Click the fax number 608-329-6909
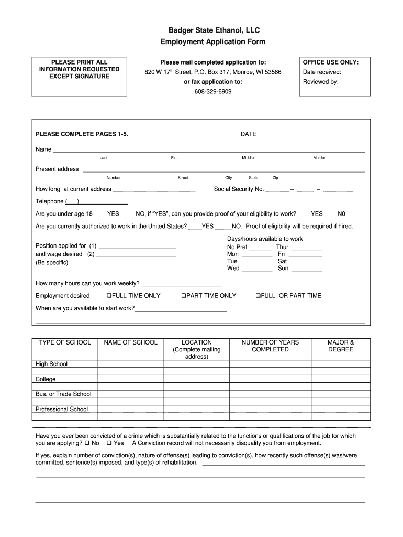pos(213,91)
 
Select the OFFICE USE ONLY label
pos(331,62)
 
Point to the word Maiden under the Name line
pos(319,158)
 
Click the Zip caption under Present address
pos(275,178)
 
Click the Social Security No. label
pos(239,189)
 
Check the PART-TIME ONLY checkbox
pos(184,296)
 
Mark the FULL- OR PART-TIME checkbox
pos(258,296)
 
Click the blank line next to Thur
pos(306,248)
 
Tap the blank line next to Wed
pos(257,268)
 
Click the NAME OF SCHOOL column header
pos(131,342)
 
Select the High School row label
pos(51,364)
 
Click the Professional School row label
pos(62,409)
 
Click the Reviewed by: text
pos(321,82)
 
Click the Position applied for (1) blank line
pos(137,246)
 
